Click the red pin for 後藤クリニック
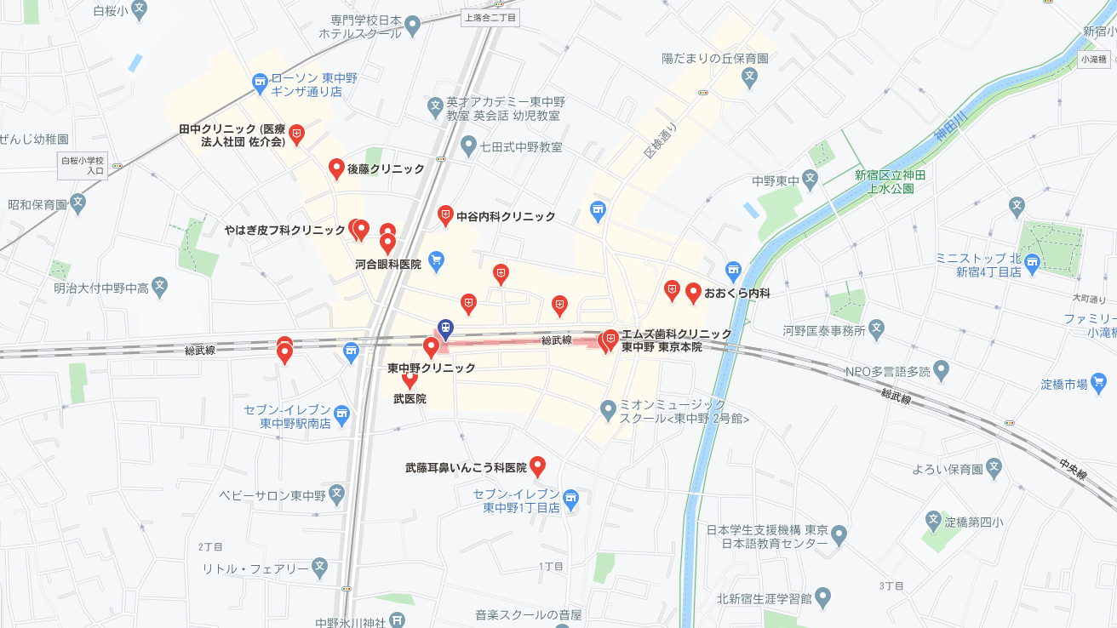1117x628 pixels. (336, 168)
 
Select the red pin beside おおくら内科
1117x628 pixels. (693, 292)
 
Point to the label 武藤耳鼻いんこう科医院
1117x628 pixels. (466, 468)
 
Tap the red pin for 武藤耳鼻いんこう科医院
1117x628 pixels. (537, 465)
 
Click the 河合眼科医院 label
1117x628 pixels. (388, 265)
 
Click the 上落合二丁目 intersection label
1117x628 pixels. (490, 17)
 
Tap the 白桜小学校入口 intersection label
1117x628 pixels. (83, 166)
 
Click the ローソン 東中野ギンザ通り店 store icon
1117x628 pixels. (261, 83)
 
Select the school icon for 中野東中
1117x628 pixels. (810, 180)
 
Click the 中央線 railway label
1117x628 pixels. (1073, 469)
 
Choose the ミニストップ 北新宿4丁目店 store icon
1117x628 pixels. (1032, 263)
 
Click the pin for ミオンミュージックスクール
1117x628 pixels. (608, 411)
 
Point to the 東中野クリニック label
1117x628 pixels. (431, 368)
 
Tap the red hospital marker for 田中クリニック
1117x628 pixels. (296, 134)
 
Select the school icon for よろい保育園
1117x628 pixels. (994, 468)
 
